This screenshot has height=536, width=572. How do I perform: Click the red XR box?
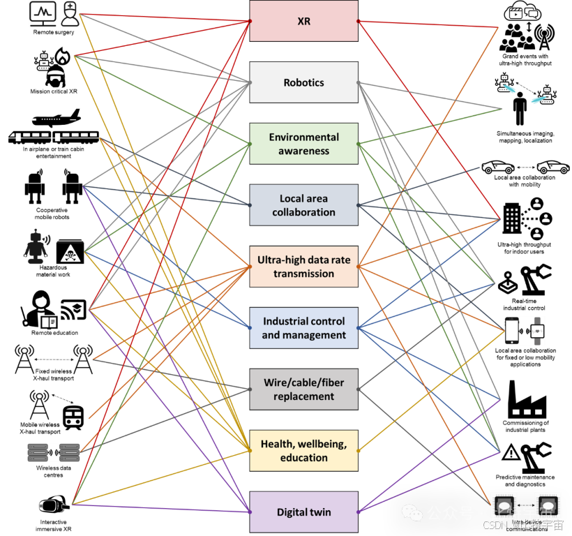tap(303, 21)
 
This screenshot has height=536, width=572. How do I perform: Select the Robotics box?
tap(303, 82)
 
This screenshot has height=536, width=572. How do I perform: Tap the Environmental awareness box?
tap(303, 144)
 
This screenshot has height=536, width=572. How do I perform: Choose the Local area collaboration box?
tap(303, 205)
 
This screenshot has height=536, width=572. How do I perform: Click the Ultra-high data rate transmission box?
tap(303, 267)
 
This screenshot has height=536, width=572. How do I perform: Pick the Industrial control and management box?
tap(303, 328)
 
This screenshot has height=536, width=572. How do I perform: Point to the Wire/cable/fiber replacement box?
tap(303, 389)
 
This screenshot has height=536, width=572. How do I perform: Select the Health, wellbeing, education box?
tap(303, 451)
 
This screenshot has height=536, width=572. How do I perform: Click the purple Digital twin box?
tap(303, 512)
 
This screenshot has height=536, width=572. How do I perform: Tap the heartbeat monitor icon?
tap(43, 14)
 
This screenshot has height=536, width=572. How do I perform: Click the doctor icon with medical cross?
tap(70, 14)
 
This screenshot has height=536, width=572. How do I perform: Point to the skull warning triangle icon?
tap(70, 252)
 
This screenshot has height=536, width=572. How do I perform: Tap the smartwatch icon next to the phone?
tap(537, 330)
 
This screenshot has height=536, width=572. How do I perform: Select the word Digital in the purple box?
tap(292, 512)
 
